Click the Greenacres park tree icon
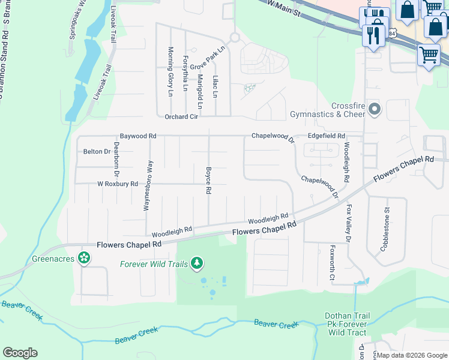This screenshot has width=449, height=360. point(84,258)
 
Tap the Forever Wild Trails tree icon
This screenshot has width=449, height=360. point(197,263)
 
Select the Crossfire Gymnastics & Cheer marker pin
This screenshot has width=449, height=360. point(375,109)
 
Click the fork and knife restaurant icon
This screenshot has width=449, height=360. point(373,35)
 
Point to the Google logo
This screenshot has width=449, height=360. point(20,353)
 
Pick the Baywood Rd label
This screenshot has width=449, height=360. point(138,136)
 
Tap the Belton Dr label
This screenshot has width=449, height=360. point(97,152)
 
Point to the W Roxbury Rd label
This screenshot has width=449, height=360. point(118,184)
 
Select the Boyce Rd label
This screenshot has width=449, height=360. point(208,180)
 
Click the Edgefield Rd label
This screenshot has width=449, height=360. point(326,136)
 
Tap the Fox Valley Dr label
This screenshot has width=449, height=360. point(349,223)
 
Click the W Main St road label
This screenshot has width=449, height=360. point(283,7)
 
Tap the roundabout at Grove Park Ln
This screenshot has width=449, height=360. point(234,37)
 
